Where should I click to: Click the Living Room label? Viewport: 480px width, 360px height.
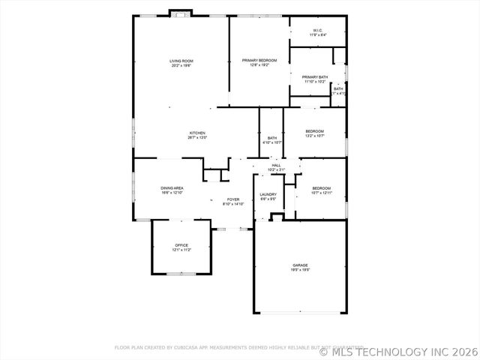tap(181, 61)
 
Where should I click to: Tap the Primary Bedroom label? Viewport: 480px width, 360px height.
tap(259, 60)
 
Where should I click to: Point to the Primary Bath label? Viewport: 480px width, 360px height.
tap(315, 77)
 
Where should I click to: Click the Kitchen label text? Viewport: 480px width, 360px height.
tap(197, 133)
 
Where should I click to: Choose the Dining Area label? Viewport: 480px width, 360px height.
tap(172, 188)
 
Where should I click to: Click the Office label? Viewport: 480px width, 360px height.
tap(181, 245)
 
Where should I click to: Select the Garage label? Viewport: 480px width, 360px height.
tap(300, 265)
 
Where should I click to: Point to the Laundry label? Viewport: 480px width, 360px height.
tap(268, 195)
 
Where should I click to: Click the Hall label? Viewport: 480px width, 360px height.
tap(276, 165)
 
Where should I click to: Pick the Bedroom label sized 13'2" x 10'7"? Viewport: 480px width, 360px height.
tap(315, 131)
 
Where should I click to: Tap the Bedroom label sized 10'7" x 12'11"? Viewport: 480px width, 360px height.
tap(321, 187)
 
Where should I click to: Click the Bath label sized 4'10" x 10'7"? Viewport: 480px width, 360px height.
tap(272, 138)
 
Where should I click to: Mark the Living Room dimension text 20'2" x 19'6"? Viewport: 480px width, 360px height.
tap(181, 65)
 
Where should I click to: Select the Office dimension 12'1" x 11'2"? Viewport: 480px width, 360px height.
tap(181, 250)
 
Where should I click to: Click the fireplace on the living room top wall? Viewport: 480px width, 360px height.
tap(181, 13)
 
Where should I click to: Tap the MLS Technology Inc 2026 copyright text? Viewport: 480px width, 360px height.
tap(398, 350)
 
